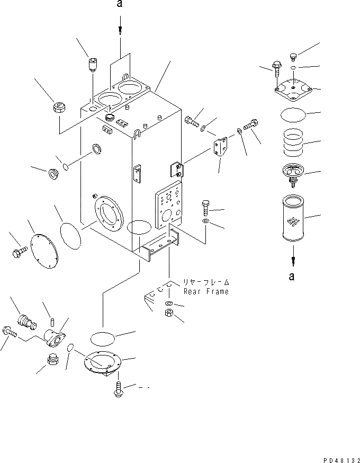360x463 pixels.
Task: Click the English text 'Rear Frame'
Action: click(206, 292)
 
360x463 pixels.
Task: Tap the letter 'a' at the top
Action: click(121, 5)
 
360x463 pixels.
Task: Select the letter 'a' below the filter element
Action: click(292, 275)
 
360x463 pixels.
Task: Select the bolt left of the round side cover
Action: click(19, 252)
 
